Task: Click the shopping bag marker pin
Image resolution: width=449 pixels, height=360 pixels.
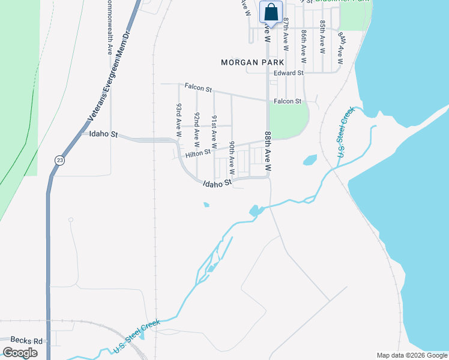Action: point(271,13)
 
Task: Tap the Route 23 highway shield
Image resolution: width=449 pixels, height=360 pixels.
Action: point(59,160)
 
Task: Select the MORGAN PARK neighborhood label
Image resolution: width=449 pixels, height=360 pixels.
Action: point(247,62)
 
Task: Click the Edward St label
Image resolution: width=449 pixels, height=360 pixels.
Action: point(289,73)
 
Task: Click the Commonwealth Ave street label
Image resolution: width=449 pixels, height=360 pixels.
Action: point(109,28)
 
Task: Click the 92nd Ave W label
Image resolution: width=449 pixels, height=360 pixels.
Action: point(196,130)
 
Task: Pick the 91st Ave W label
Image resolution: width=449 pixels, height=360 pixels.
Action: point(214,132)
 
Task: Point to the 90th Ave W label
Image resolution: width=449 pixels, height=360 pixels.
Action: point(232,158)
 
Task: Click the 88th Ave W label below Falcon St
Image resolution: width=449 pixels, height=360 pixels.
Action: point(268,154)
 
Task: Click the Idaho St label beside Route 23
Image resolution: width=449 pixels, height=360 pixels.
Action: point(102,134)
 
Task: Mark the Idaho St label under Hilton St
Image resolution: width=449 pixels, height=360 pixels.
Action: point(217,183)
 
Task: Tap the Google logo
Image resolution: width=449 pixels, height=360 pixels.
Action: point(20,353)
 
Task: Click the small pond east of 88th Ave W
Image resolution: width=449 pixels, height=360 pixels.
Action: point(310,160)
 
